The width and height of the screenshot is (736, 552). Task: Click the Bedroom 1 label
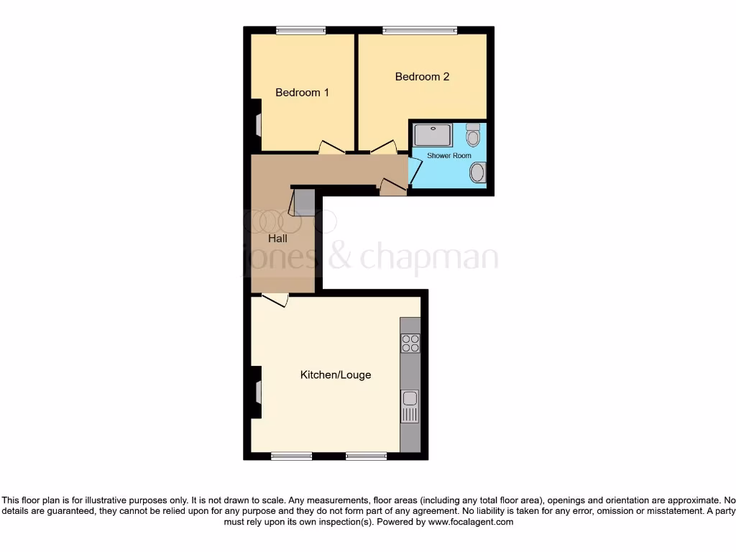[302, 93]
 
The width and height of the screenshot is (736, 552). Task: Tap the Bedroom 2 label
[422, 77]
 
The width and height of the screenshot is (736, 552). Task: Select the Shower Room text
[448, 155]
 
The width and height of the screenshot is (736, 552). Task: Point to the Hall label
[277, 238]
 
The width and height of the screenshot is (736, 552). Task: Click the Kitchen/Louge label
[335, 375]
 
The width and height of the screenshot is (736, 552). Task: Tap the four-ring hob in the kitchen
[410, 344]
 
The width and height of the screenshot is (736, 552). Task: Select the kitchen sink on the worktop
[410, 405]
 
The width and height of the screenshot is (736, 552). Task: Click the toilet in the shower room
[473, 134]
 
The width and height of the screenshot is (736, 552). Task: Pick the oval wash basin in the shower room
[477, 172]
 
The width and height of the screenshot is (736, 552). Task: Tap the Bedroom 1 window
[300, 30]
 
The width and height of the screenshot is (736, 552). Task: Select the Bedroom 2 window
[420, 30]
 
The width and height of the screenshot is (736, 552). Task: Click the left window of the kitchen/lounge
[291, 456]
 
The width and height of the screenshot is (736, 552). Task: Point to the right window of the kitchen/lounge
[366, 456]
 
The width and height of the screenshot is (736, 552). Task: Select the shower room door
[415, 170]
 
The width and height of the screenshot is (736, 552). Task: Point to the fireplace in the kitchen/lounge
[257, 392]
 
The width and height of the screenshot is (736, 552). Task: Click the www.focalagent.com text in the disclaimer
[470, 523]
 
